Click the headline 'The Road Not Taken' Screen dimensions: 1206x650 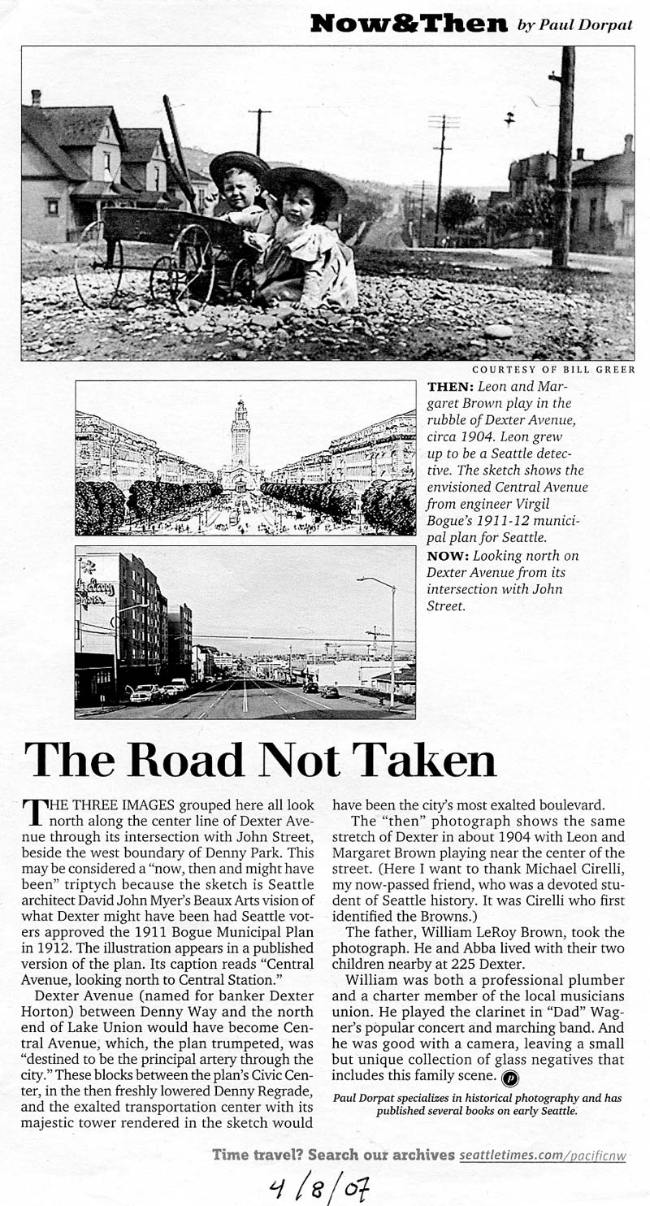click(x=261, y=761)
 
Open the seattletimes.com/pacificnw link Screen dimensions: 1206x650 click(x=542, y=1155)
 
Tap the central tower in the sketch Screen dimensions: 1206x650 click(x=240, y=435)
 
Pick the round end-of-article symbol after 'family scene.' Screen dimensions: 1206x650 click(x=510, y=1078)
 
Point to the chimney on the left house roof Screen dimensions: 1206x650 click(x=36, y=98)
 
